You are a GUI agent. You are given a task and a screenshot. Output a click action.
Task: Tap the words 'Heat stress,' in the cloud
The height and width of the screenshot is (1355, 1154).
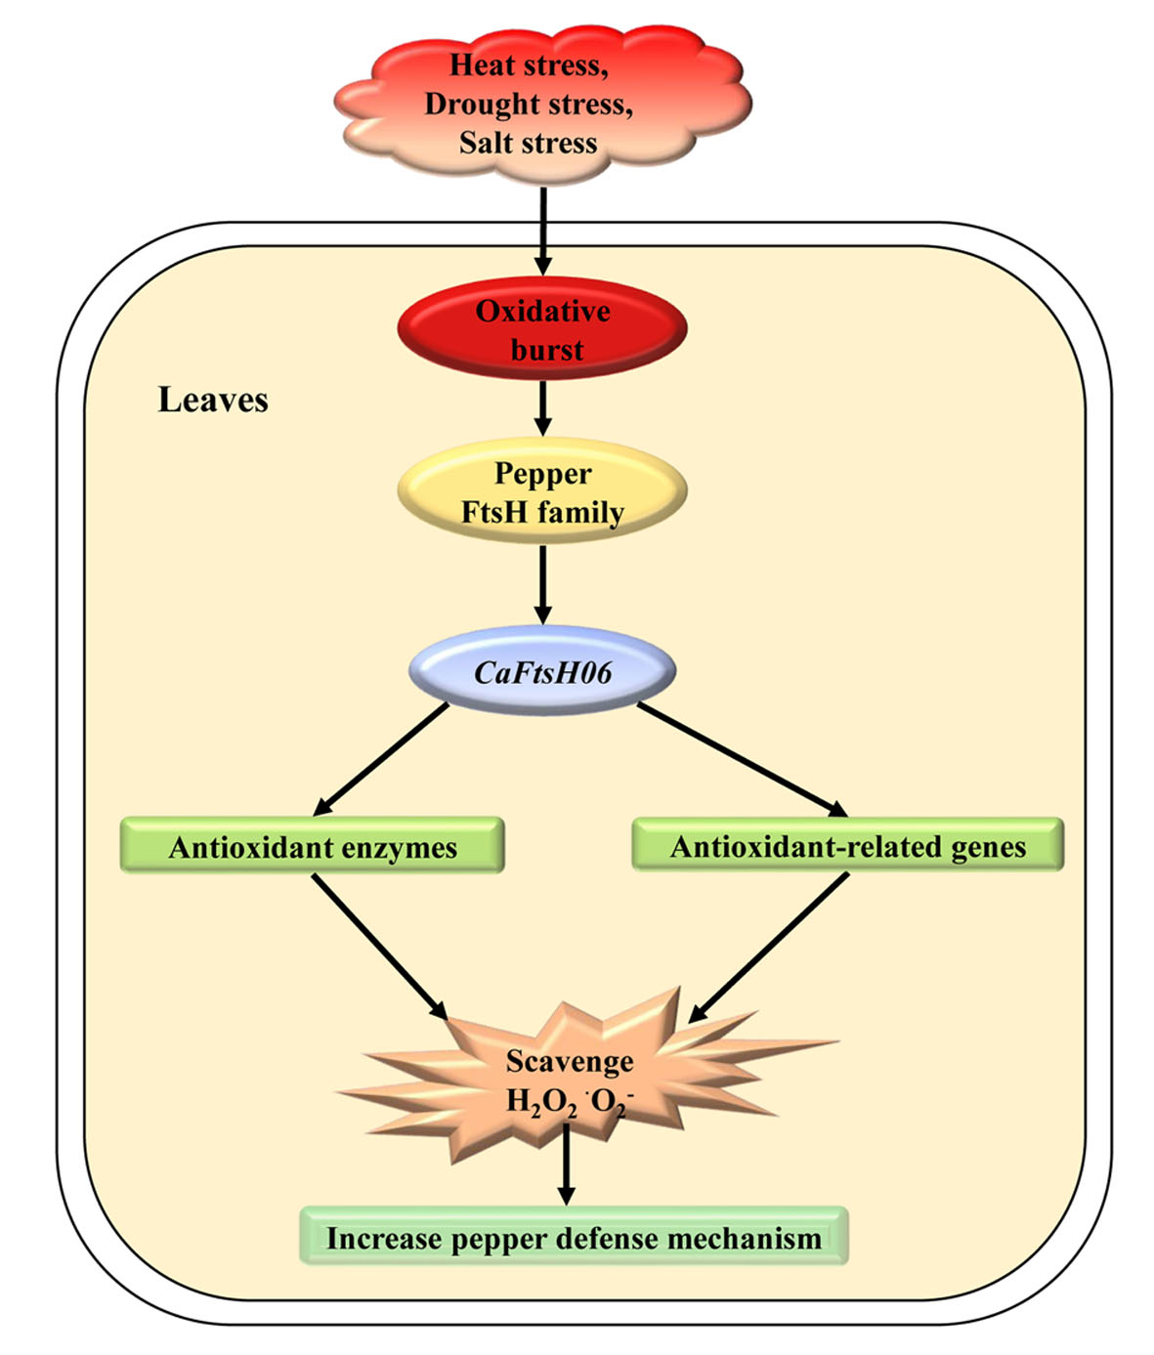pos(529,65)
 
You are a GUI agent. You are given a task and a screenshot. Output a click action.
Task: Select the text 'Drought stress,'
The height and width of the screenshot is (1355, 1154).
pos(529,104)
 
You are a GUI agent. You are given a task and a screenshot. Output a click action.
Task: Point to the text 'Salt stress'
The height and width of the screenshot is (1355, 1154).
pos(529,143)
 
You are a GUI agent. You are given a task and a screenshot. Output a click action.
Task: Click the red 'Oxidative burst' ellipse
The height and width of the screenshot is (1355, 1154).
pos(542,329)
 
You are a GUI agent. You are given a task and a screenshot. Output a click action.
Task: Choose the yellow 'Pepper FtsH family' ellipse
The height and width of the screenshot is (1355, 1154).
pos(542,491)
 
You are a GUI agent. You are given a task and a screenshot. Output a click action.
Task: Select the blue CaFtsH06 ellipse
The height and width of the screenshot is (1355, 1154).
pos(542,672)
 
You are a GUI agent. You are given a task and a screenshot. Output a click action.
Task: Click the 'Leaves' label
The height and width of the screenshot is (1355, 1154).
pos(213,400)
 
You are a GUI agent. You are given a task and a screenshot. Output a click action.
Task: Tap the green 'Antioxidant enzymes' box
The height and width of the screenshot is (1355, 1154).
pos(313,846)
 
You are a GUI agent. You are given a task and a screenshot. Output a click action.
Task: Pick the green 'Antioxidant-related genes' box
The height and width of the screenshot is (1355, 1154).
pos(847,846)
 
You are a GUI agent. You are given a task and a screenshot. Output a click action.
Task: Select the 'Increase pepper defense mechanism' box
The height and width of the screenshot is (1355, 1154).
pos(574,1238)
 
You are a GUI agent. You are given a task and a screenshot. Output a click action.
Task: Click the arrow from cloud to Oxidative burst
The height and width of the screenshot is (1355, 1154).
pos(543,230)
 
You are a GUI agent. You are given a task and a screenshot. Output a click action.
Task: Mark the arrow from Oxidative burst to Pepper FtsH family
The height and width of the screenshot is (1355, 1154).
pos(543,407)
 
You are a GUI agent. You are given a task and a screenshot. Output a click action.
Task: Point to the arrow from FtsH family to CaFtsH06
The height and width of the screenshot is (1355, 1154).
pos(543,583)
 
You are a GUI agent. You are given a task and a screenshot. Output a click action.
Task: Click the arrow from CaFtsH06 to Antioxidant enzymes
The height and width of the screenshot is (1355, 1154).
pos(382,758)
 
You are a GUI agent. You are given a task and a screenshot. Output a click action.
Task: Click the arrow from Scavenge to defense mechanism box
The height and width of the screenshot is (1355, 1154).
pos(566,1164)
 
